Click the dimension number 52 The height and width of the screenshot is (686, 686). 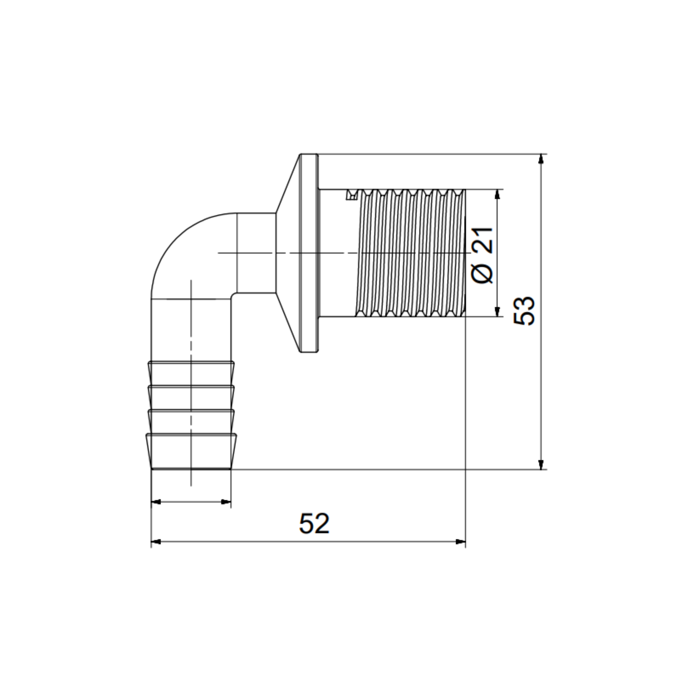click(314, 524)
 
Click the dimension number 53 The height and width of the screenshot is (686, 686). click(524, 311)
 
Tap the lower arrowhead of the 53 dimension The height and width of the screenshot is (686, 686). click(541, 464)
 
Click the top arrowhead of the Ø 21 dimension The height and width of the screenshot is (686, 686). click(497, 194)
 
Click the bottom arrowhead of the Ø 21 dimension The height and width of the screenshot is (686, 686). click(497, 311)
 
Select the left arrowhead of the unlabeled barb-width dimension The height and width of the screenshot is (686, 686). click(156, 502)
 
